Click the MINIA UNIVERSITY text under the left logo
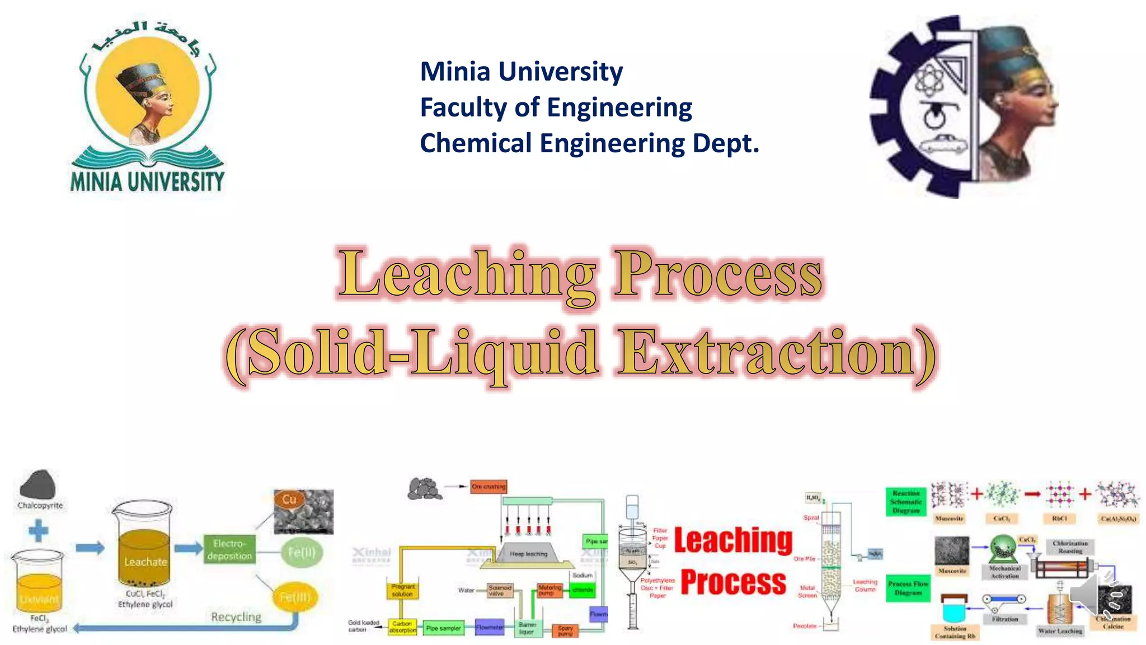147,181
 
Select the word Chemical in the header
476,143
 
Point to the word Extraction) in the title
775,353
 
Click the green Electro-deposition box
229,550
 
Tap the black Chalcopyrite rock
37,484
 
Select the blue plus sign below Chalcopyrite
38,530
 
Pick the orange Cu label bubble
289,499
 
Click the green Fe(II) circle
302,552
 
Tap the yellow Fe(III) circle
294,597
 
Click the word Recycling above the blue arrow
236,616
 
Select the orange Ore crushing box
488,487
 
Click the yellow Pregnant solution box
402,590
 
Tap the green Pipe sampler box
443,628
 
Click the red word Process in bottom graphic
733,582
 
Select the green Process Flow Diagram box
908,588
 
